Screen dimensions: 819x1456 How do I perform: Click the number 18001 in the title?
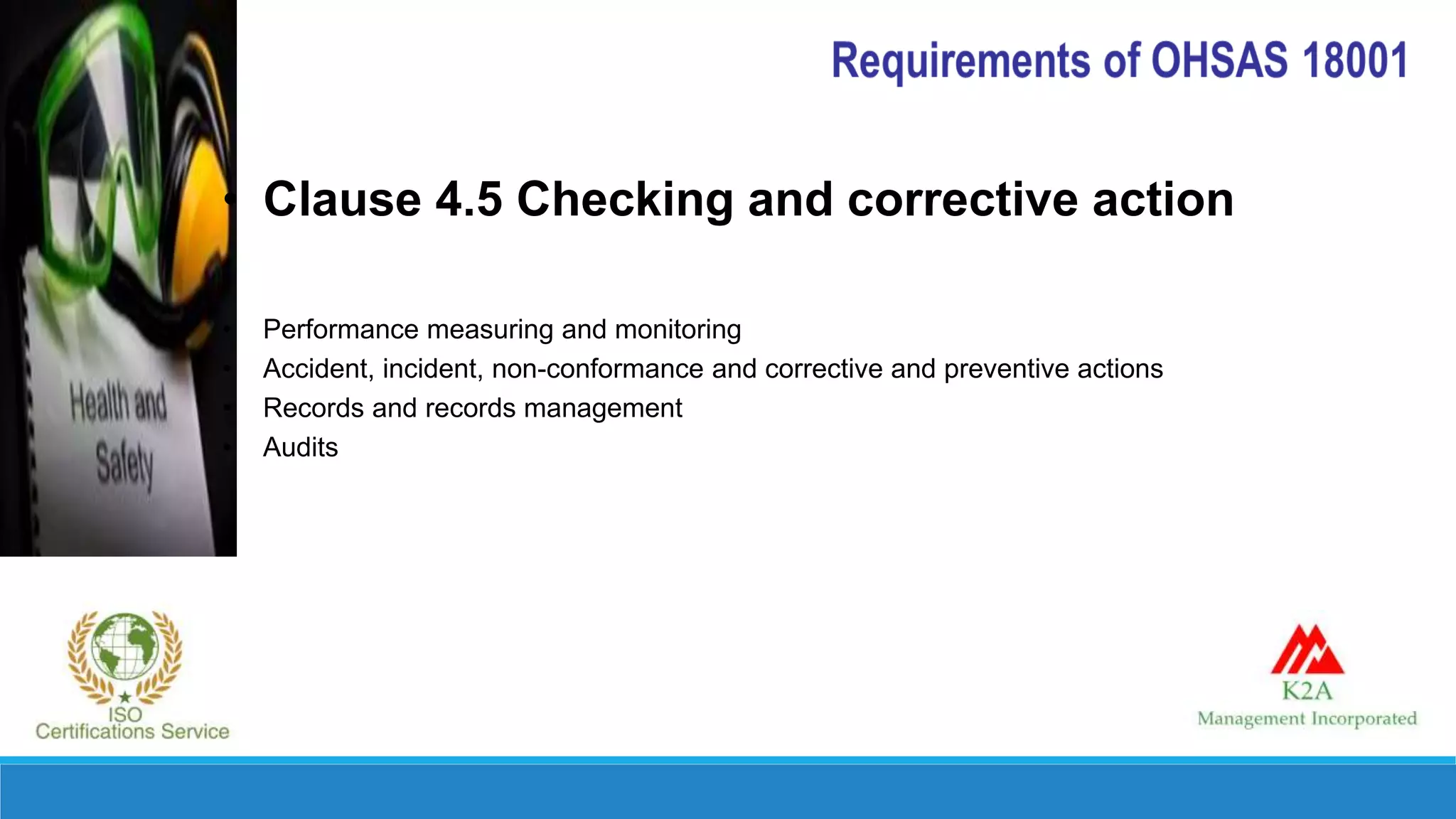coord(1355,60)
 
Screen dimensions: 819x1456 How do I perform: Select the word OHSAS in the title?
coord(1219,60)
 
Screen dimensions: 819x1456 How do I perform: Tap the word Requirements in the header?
coord(960,61)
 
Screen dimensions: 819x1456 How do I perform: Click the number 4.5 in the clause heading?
coord(469,199)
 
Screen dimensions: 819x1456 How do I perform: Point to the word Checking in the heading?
coord(625,200)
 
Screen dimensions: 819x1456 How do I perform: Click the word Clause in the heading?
coord(342,199)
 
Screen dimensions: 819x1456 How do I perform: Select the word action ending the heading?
coord(1163,199)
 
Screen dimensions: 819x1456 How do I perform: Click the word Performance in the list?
coord(341,330)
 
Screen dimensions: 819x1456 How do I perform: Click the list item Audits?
coord(300,447)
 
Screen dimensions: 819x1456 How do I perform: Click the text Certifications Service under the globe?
coord(132,732)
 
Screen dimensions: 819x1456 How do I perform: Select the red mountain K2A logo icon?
coord(1307,650)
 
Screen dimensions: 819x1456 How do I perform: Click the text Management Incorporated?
coord(1307,719)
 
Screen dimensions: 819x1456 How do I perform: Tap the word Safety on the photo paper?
coord(125,464)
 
